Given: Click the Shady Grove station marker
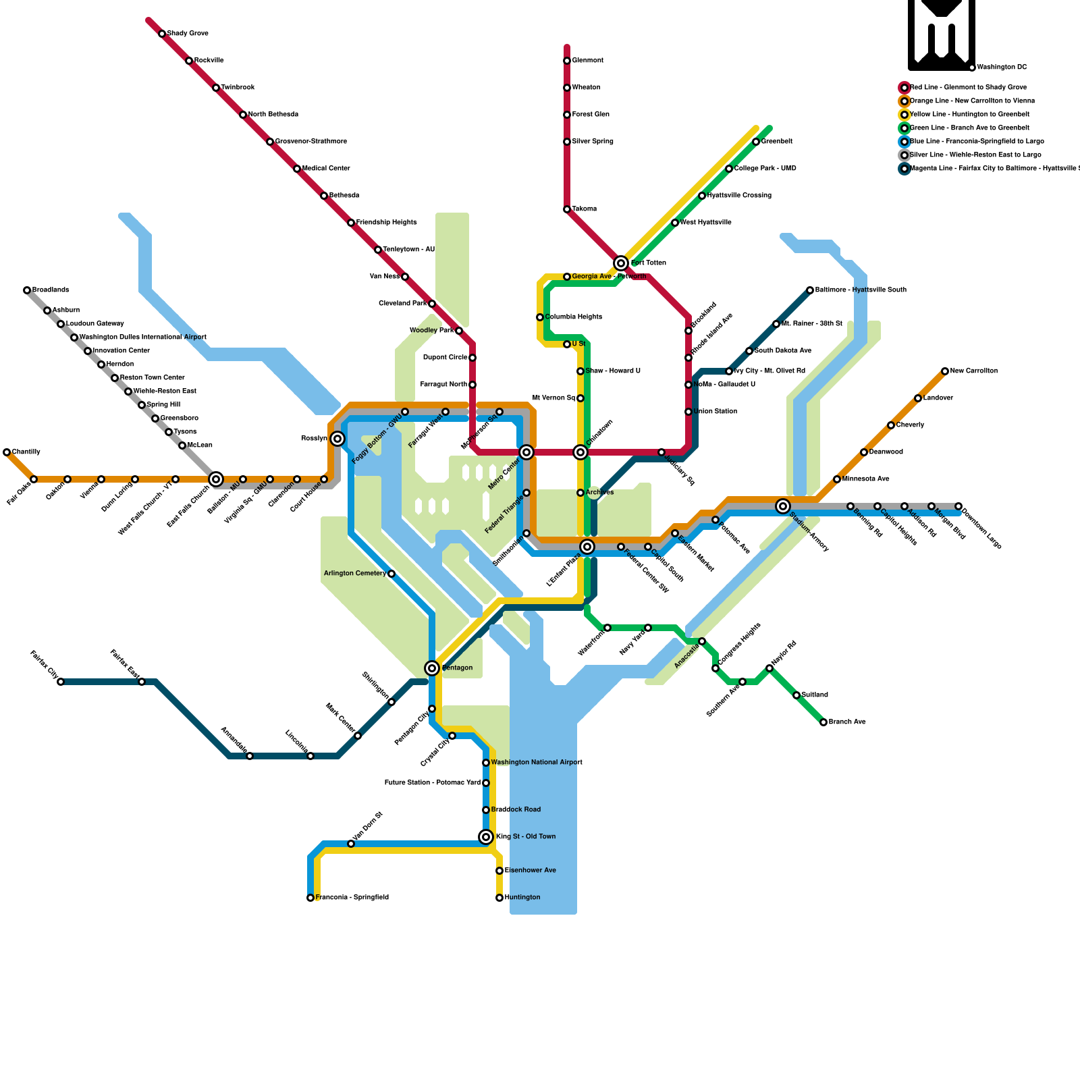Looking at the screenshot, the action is (162, 34).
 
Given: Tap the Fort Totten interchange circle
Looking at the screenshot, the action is (621, 263).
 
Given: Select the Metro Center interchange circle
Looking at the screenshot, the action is (526, 452).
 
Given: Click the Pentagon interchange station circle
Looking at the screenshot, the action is (432, 668).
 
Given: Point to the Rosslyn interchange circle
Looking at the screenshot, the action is (337, 439).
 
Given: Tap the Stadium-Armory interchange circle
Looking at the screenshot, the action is (783, 506).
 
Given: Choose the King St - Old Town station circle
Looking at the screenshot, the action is (486, 837).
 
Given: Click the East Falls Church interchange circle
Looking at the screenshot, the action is (216, 479).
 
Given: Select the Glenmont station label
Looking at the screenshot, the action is (587, 61).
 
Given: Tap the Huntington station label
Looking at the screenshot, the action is (522, 898).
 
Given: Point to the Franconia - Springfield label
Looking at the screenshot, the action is (352, 898).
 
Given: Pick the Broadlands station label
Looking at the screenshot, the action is (51, 290).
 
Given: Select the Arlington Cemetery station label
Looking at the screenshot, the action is (355, 574).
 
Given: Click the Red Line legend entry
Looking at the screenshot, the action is (968, 88).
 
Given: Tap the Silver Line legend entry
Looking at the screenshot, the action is (975, 155).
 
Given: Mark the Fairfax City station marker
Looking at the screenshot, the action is (61, 682).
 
